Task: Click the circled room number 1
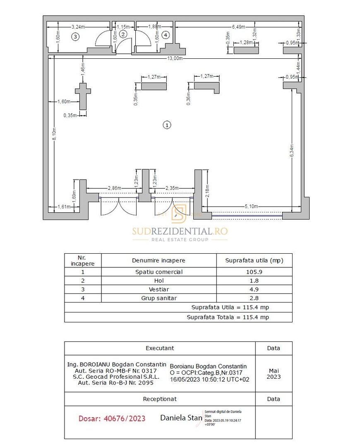(x=167, y=125)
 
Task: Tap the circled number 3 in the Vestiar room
(x=75, y=37)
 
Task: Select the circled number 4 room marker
(x=166, y=35)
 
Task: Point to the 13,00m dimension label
(x=175, y=58)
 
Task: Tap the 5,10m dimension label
(x=252, y=207)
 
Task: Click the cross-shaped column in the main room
(x=83, y=95)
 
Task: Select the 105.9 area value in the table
(x=254, y=272)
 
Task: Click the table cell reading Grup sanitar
(x=159, y=298)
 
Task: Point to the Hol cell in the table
(x=159, y=281)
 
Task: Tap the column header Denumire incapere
(x=159, y=260)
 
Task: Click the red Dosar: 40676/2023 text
(x=112, y=418)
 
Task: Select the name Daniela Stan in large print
(x=181, y=418)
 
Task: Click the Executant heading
(x=160, y=348)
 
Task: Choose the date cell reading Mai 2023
(x=274, y=374)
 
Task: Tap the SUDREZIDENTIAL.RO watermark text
(x=180, y=231)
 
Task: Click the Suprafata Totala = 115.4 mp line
(x=228, y=317)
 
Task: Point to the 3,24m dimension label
(x=78, y=27)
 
